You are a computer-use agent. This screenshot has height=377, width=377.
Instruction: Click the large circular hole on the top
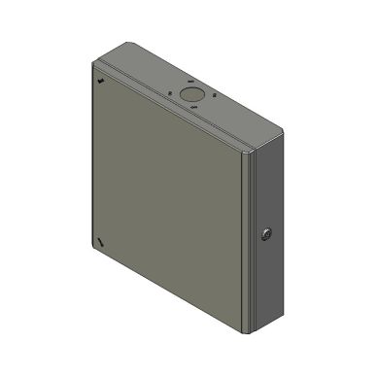click(x=190, y=92)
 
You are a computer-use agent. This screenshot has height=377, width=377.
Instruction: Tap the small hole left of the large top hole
click(x=171, y=94)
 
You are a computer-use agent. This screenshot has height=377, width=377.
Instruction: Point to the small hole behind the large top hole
click(x=191, y=82)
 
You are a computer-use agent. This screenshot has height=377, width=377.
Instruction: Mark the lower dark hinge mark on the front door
click(x=100, y=241)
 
